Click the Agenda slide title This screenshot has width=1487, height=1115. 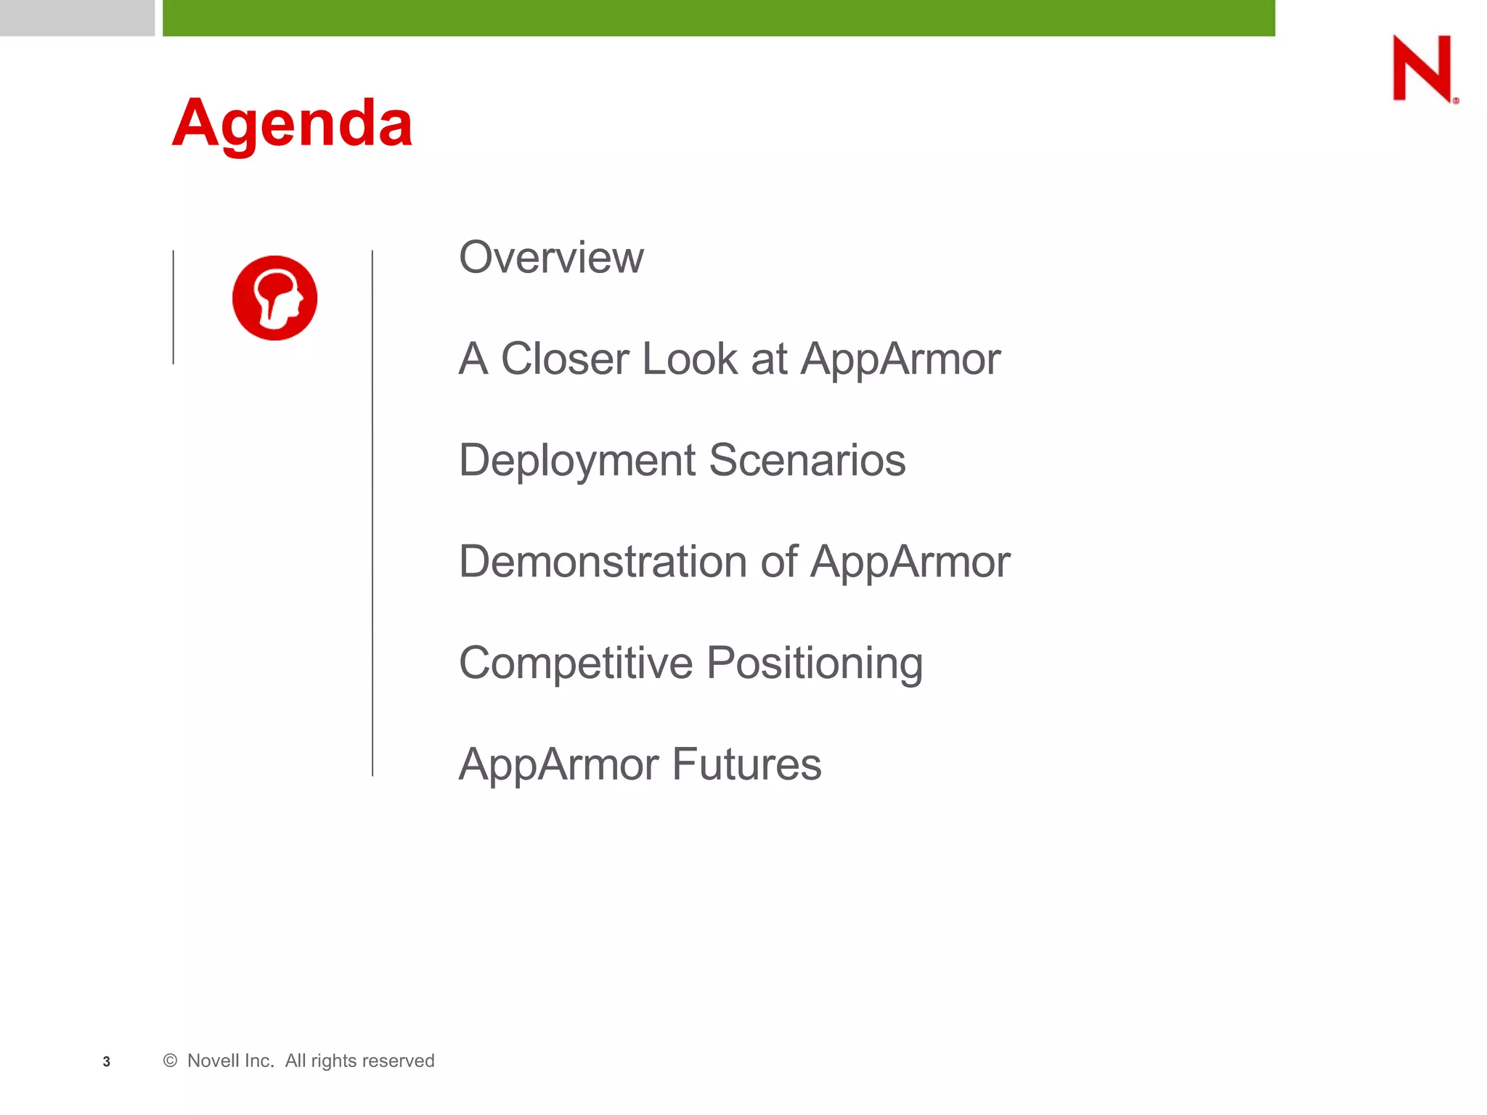(292, 123)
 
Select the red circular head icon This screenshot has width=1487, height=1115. (274, 298)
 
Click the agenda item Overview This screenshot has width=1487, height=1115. (551, 258)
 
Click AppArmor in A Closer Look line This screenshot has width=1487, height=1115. (900, 359)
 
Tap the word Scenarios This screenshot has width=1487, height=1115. (807, 461)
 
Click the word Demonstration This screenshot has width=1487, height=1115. (603, 562)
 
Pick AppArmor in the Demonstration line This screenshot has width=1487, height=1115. (910, 562)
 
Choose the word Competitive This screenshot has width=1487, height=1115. (576, 663)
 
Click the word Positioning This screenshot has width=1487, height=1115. (814, 663)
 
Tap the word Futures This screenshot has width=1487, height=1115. (746, 764)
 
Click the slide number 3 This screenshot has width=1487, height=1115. (107, 1061)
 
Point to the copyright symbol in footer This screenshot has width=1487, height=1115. (171, 1061)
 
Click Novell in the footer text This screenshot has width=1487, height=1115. (219, 1061)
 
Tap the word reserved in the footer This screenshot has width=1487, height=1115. (401, 1061)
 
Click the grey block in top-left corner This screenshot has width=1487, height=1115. (77, 17)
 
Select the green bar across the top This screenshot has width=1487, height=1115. (718, 17)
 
